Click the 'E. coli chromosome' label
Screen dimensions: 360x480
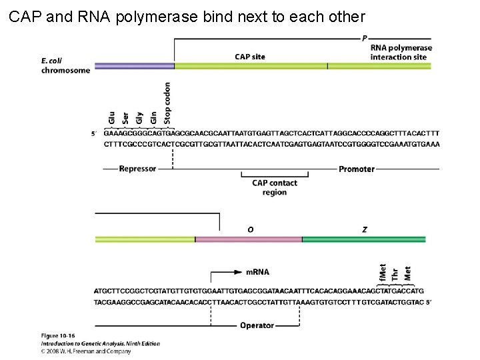click(65, 65)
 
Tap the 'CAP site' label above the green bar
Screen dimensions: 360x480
click(250, 57)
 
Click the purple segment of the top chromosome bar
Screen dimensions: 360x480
click(134, 66)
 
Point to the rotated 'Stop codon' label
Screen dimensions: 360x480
click(167, 103)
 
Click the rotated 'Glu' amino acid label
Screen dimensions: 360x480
click(111, 117)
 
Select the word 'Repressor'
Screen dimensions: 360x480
click(137, 169)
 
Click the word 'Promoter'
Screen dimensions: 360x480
click(357, 169)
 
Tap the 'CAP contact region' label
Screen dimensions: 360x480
click(274, 187)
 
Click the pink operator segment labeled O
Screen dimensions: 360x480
click(248, 239)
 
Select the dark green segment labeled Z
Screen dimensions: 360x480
click(364, 239)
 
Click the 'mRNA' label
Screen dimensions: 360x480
click(257, 272)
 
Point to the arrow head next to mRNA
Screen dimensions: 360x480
click(238, 272)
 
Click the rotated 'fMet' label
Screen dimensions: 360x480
click(383, 273)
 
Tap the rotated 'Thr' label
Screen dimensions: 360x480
click(395, 274)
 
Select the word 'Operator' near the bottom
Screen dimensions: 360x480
click(257, 325)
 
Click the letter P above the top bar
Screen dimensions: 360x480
click(365, 38)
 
